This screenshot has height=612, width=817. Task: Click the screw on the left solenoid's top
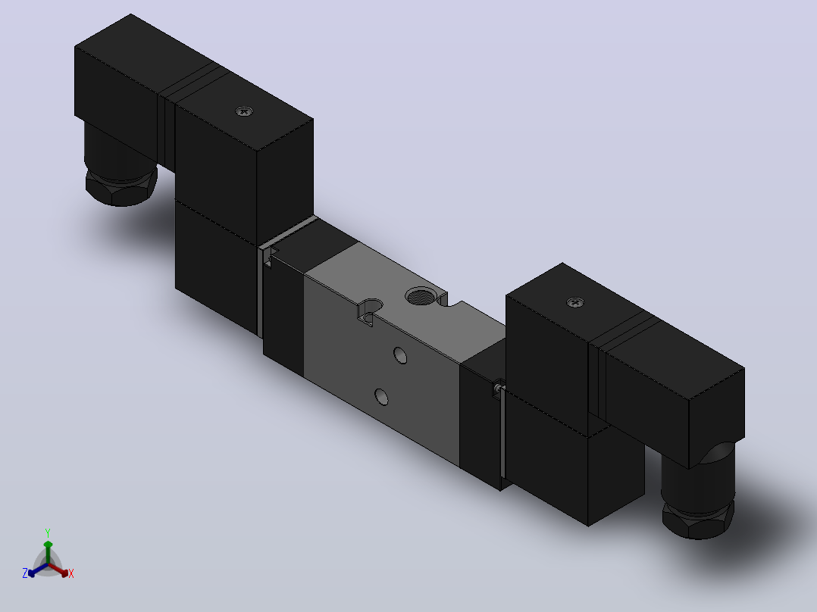point(244,111)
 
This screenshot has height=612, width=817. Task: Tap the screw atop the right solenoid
point(574,302)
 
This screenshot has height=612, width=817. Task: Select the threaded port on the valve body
point(421,297)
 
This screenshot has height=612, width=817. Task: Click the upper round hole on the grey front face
point(400,355)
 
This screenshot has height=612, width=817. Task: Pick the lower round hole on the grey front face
point(382,397)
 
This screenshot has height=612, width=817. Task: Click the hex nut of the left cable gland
point(121,187)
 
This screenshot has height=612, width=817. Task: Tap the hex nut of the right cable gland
point(698,520)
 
